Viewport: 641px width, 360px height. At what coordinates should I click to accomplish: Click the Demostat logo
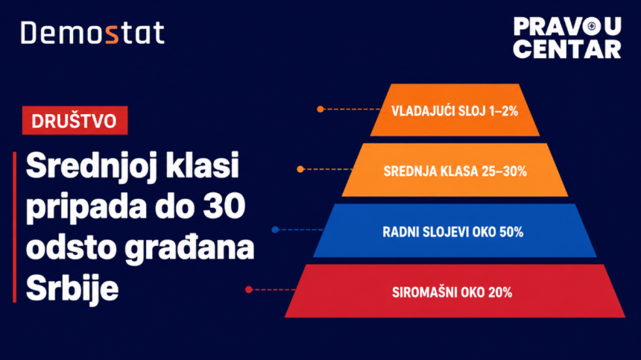tap(93, 33)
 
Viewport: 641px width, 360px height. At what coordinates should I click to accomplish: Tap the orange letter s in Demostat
tap(112, 35)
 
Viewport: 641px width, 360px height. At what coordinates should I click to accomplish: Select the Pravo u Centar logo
tap(567, 37)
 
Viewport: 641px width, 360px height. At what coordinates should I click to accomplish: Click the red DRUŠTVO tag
tap(75, 121)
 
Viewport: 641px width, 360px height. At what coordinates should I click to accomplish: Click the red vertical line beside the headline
tap(15, 227)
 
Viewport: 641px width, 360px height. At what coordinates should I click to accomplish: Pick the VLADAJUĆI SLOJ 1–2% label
tap(455, 111)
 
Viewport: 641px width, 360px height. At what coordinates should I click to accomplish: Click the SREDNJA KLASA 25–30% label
tap(455, 171)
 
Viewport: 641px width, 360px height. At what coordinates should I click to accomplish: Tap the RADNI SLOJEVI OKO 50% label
tap(453, 232)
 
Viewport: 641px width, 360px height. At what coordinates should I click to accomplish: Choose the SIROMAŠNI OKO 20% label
tap(452, 292)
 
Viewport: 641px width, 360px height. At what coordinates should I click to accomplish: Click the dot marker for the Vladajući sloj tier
tap(320, 109)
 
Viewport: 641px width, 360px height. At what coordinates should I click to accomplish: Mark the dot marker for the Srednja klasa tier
tap(300, 169)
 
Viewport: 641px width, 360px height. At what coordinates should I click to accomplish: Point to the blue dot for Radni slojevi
tap(275, 230)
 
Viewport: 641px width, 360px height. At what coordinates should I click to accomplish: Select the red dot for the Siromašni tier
tap(248, 290)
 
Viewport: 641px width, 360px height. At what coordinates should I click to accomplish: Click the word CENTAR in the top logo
tap(567, 49)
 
